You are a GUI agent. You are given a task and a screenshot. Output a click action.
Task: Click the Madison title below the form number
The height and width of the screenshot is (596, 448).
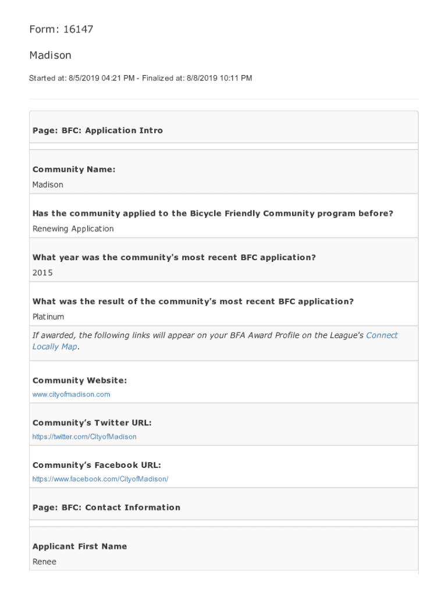(x=50, y=55)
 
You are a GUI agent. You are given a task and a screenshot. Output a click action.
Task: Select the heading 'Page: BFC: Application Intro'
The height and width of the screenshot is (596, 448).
(x=97, y=130)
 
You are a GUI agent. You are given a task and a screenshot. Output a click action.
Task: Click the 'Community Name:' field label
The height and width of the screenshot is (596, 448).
(x=74, y=169)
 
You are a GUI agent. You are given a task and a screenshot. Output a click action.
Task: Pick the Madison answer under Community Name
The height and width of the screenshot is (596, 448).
(x=48, y=185)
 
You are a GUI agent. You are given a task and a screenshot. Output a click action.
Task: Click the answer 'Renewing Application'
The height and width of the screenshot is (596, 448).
(x=73, y=229)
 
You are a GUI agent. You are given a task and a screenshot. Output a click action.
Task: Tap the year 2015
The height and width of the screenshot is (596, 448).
(x=42, y=273)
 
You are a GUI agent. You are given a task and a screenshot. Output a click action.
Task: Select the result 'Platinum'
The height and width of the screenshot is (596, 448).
(x=48, y=317)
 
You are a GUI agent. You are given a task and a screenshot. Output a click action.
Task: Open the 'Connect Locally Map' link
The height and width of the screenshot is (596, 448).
(x=382, y=335)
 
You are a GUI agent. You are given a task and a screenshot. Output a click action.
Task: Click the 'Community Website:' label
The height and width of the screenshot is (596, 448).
(x=79, y=381)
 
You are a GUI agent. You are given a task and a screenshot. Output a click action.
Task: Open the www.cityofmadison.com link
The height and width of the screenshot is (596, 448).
(x=71, y=395)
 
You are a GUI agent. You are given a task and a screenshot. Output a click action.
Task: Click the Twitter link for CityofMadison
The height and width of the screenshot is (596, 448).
(x=84, y=437)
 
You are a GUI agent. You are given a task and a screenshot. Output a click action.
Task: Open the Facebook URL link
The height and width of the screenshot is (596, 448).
(x=100, y=480)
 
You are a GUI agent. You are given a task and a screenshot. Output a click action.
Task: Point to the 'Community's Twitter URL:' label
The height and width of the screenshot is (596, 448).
(x=92, y=423)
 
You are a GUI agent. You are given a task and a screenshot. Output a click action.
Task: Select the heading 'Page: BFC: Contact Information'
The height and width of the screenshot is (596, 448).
(x=106, y=508)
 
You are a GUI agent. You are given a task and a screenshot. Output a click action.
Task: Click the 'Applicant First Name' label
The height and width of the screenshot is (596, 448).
(x=79, y=547)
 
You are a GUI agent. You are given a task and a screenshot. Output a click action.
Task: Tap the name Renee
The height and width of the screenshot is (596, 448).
(x=44, y=562)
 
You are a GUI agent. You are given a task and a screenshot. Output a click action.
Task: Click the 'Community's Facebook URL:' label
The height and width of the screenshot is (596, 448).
(x=97, y=466)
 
